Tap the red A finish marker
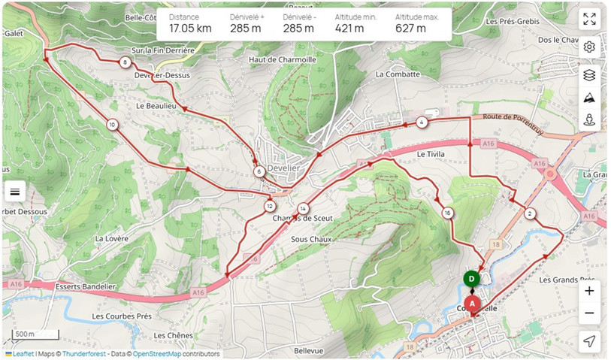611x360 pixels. [x=472, y=304]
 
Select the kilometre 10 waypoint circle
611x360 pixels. [x=112, y=125]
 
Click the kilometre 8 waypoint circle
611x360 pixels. [x=125, y=62]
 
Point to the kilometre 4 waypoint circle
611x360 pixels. [x=422, y=122]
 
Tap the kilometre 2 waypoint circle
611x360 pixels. [x=531, y=213]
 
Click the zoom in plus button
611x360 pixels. [x=589, y=291]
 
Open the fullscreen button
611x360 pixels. [x=589, y=19]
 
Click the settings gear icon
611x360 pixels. [x=589, y=47]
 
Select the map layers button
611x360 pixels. [x=589, y=74]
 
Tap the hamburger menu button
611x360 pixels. [x=14, y=191]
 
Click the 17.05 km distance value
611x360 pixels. [x=190, y=29]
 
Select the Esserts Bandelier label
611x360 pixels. [x=86, y=286]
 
